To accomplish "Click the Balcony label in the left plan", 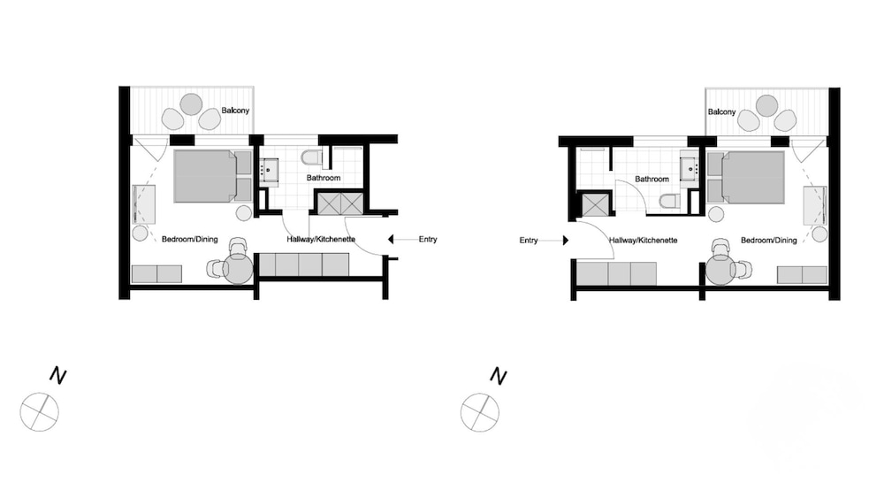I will coord(235,110).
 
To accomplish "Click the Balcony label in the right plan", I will coord(721,111).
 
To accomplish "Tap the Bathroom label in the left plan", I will coord(324,179).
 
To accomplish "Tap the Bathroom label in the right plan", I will coord(652,179).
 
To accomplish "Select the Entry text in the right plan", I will coord(529,240).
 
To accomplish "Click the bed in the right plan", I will coord(747,177).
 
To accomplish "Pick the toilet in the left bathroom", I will coord(311,157).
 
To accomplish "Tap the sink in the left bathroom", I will coord(270,168).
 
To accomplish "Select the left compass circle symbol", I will coord(39,411).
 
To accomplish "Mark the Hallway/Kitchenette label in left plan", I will coord(321,240).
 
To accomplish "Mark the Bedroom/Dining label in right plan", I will coord(768,241).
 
